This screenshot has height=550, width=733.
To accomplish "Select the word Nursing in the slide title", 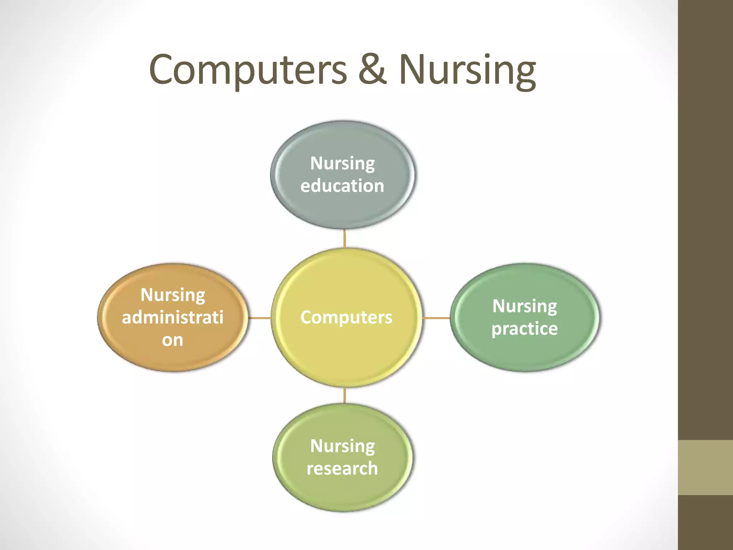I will point(467,70).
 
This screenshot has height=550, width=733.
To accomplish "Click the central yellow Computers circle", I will point(346,344).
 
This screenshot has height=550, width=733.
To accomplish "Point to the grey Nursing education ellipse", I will point(343,208).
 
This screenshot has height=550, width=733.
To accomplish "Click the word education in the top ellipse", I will point(342,186).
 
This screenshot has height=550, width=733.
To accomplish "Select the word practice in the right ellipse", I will point(524,329).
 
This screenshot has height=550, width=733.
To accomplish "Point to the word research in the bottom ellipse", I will point(342,468).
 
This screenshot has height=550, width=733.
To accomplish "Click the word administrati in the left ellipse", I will point(173,317).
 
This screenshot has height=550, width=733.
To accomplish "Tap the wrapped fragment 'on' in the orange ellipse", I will point(172,340).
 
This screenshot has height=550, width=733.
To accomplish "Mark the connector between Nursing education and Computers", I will point(344,238).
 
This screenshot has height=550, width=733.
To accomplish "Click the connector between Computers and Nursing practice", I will point(436,318).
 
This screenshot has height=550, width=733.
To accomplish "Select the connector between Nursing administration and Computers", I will point(259,318).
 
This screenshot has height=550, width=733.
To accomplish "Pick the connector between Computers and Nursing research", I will point(344,395).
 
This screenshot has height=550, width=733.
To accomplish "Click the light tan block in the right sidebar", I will point(705,467).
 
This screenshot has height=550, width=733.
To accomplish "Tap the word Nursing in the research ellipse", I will point(343,446).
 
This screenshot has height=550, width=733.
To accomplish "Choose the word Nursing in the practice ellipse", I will point(525,306).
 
